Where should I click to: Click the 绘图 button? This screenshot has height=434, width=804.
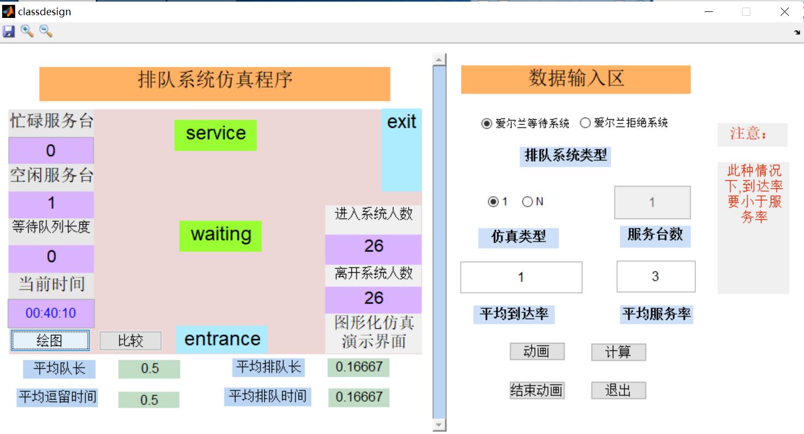49,341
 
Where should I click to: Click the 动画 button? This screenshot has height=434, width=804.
537,352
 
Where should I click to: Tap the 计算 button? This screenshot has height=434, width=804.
618,352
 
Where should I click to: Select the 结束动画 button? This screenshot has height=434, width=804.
537,390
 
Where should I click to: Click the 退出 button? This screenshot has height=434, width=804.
618,390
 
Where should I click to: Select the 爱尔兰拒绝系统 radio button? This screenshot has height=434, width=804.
585,123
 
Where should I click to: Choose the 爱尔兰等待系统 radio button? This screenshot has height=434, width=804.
486,124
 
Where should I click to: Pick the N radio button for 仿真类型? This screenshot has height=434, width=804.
527,202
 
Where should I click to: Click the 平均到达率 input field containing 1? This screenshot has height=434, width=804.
521,277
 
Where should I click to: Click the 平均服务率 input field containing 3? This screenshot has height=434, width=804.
656,277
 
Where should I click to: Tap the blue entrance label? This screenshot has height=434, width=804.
222,340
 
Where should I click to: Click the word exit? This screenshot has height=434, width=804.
401,123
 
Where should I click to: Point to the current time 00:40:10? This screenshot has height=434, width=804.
51,313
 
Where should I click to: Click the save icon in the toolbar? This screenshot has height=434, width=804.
9,31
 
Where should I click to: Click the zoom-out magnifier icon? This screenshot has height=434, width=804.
46,31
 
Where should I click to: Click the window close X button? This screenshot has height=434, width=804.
784,11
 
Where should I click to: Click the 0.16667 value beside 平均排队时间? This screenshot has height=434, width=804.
358,397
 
